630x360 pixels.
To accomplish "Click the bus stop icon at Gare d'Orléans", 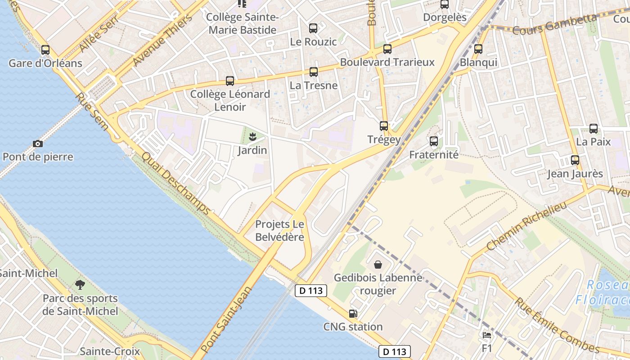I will [45, 50].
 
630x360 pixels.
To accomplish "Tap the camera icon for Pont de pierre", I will [38, 144].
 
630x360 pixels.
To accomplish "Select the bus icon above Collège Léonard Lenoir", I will [230, 81].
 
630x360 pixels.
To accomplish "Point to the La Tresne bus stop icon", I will [313, 72].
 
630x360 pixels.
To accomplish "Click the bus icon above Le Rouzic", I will [313, 28].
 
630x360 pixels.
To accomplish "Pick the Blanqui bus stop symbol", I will [478, 49].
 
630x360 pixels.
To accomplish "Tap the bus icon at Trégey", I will [383, 126].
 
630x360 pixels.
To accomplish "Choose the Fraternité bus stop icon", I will [433, 141].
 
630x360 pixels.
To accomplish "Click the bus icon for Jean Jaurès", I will [575, 160].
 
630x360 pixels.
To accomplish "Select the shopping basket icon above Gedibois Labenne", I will [378, 265].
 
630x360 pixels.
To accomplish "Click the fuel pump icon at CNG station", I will [353, 313].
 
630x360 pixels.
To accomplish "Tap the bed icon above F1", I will [486, 335].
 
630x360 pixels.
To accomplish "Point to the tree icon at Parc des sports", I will [80, 284].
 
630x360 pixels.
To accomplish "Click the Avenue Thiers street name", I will [162, 40].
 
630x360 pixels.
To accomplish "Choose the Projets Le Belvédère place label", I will [279, 230].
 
